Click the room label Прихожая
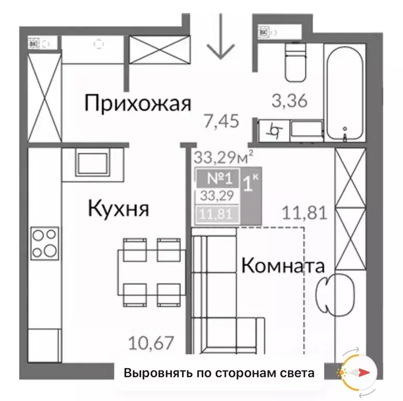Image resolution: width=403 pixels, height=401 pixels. tap(137, 104)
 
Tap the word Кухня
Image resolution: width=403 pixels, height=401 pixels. tap(118, 209)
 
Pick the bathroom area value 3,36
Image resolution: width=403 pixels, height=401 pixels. tap(290, 100)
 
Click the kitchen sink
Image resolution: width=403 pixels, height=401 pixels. tap(92, 162)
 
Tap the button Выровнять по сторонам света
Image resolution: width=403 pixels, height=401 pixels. tap(220, 373)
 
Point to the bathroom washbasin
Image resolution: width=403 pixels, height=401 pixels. tap(306, 129)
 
